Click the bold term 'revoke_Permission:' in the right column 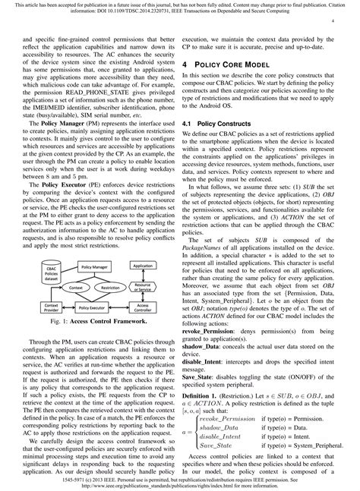214,352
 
